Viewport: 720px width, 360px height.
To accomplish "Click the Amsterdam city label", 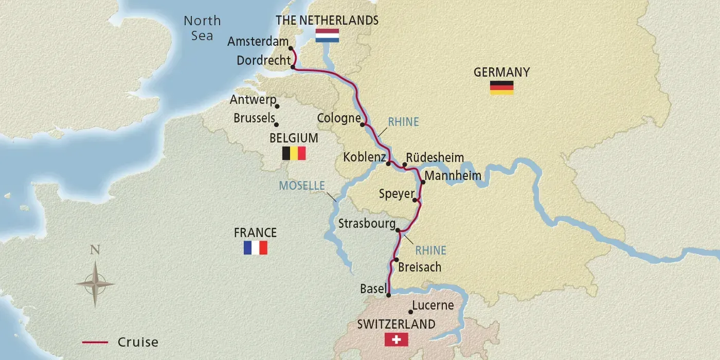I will pyautogui.click(x=259, y=41).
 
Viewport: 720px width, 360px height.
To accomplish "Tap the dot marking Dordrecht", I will pyautogui.click(x=293, y=67).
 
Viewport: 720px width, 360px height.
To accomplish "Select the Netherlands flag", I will pyautogui.click(x=327, y=35).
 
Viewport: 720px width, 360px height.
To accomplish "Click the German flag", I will pyautogui.click(x=501, y=87).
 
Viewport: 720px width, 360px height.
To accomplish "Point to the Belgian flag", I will pyautogui.click(x=294, y=153).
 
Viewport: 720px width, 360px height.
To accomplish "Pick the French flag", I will pyautogui.click(x=256, y=248).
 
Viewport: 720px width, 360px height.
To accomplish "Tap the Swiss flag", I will pyautogui.click(x=396, y=339).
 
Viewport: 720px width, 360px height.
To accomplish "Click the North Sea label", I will pyautogui.click(x=202, y=28).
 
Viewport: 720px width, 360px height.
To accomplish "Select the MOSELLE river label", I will pyautogui.click(x=302, y=186).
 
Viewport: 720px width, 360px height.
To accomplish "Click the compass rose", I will pyautogui.click(x=95, y=283).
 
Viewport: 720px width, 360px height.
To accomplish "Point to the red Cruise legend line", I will pyautogui.click(x=95, y=342).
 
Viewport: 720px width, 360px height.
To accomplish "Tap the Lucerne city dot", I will pyautogui.click(x=410, y=312).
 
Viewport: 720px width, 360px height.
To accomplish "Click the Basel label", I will pyautogui.click(x=373, y=289).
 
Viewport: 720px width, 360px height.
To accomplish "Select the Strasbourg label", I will pyautogui.click(x=367, y=224).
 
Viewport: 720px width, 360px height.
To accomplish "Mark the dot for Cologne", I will pyautogui.click(x=363, y=124).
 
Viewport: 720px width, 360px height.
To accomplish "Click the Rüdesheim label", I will pyautogui.click(x=435, y=157).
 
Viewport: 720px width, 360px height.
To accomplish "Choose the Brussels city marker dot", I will pyautogui.click(x=277, y=124).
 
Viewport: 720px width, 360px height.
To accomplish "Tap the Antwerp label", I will pyautogui.click(x=253, y=100).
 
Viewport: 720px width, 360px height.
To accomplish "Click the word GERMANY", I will pyautogui.click(x=501, y=72).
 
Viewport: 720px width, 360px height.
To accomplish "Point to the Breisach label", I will pyautogui.click(x=420, y=267).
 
